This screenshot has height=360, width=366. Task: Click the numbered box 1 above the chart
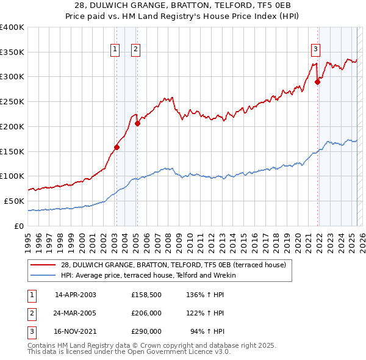115,51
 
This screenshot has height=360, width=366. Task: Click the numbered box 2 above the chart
135,51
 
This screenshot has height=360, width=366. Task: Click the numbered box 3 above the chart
315,51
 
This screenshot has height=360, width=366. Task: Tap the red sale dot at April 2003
117,147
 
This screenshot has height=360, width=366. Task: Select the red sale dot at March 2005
137,123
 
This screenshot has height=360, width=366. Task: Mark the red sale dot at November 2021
317,82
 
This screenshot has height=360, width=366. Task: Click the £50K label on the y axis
14,201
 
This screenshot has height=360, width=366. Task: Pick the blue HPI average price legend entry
148,275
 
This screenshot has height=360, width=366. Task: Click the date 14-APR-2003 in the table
75,295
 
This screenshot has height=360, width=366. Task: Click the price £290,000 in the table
146,333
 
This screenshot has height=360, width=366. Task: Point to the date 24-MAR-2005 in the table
75,314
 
